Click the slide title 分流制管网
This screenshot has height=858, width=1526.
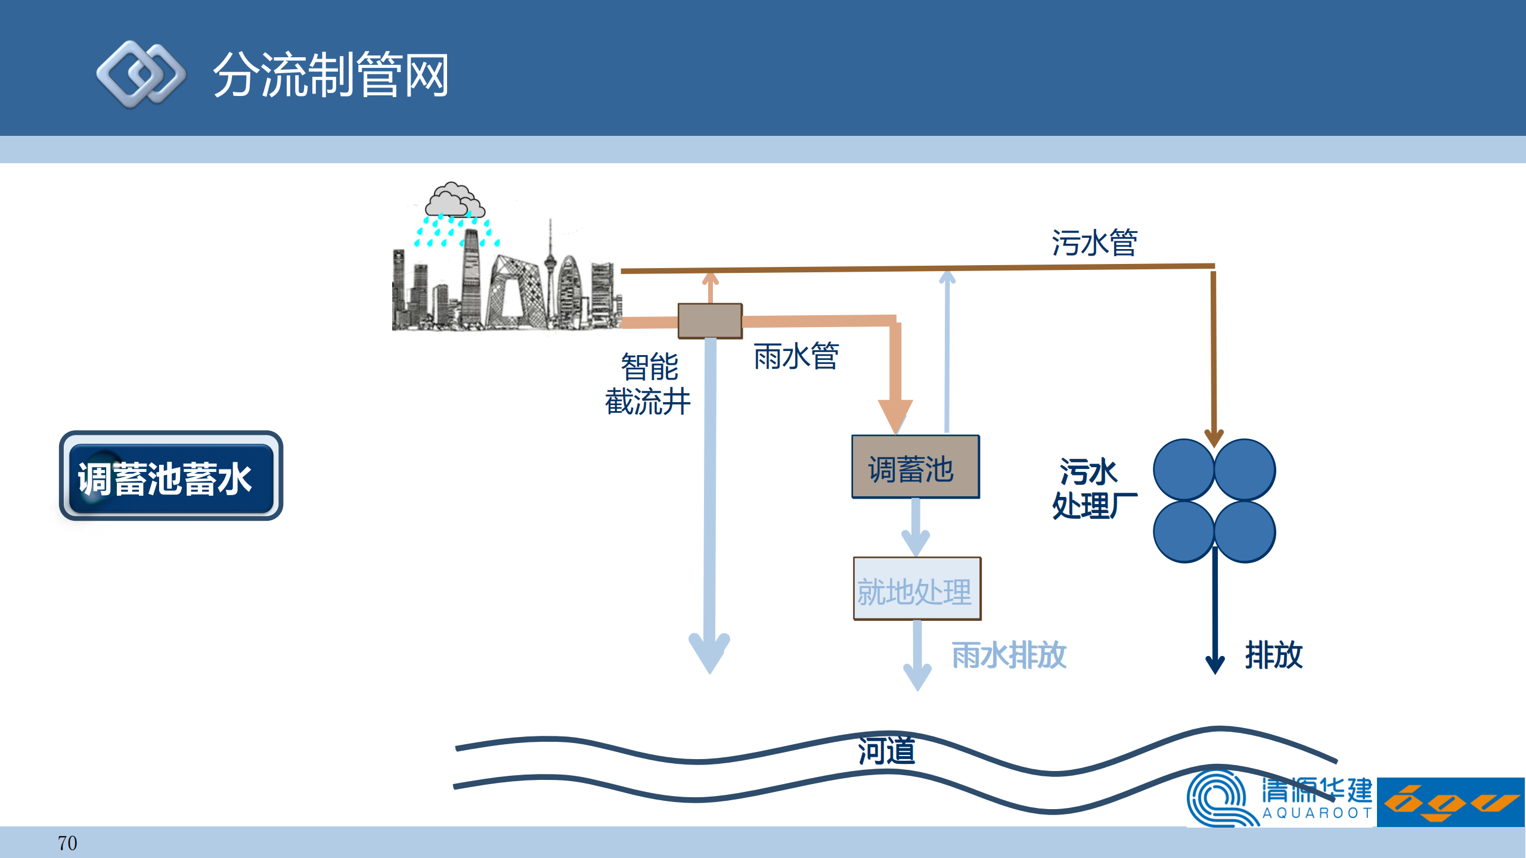pyautogui.click(x=331, y=74)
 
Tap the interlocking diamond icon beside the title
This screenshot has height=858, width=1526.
pyautogui.click(x=141, y=74)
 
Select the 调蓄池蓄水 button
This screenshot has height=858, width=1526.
pyautogui.click(x=170, y=476)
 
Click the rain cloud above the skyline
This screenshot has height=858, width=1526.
pyautogui.click(x=454, y=201)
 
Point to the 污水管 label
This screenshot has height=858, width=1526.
pyautogui.click(x=1094, y=243)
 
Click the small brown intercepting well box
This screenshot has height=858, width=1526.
pyautogui.click(x=710, y=321)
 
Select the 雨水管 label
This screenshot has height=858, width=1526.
pyautogui.click(x=796, y=356)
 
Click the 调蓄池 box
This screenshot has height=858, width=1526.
pyautogui.click(x=915, y=467)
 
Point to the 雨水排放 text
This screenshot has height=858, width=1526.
pyautogui.click(x=1009, y=655)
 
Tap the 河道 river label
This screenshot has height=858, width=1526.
pyautogui.click(x=886, y=750)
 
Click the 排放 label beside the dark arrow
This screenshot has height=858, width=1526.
pyautogui.click(x=1273, y=655)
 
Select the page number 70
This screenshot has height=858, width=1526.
pyautogui.click(x=67, y=843)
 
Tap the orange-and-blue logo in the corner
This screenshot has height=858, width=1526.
pyautogui.click(x=1450, y=802)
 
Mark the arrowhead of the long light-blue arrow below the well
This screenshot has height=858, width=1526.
pyautogui.click(x=709, y=652)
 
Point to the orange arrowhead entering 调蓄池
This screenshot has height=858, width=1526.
pyautogui.click(x=895, y=415)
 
